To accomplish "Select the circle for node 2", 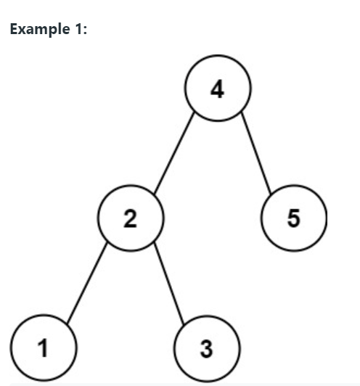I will pos(131,218).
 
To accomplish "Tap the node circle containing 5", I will pos(293,218).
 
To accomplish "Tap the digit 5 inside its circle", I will pos(293,218).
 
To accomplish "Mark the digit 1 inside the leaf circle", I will pos(44,348).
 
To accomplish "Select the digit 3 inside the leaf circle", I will pos(206,348).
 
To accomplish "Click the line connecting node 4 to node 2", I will pos(174,153).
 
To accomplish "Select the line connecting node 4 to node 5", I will pos(256,153).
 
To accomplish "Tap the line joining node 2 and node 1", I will pos(87,283).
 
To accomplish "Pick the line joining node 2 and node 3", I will pos(168,283).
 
